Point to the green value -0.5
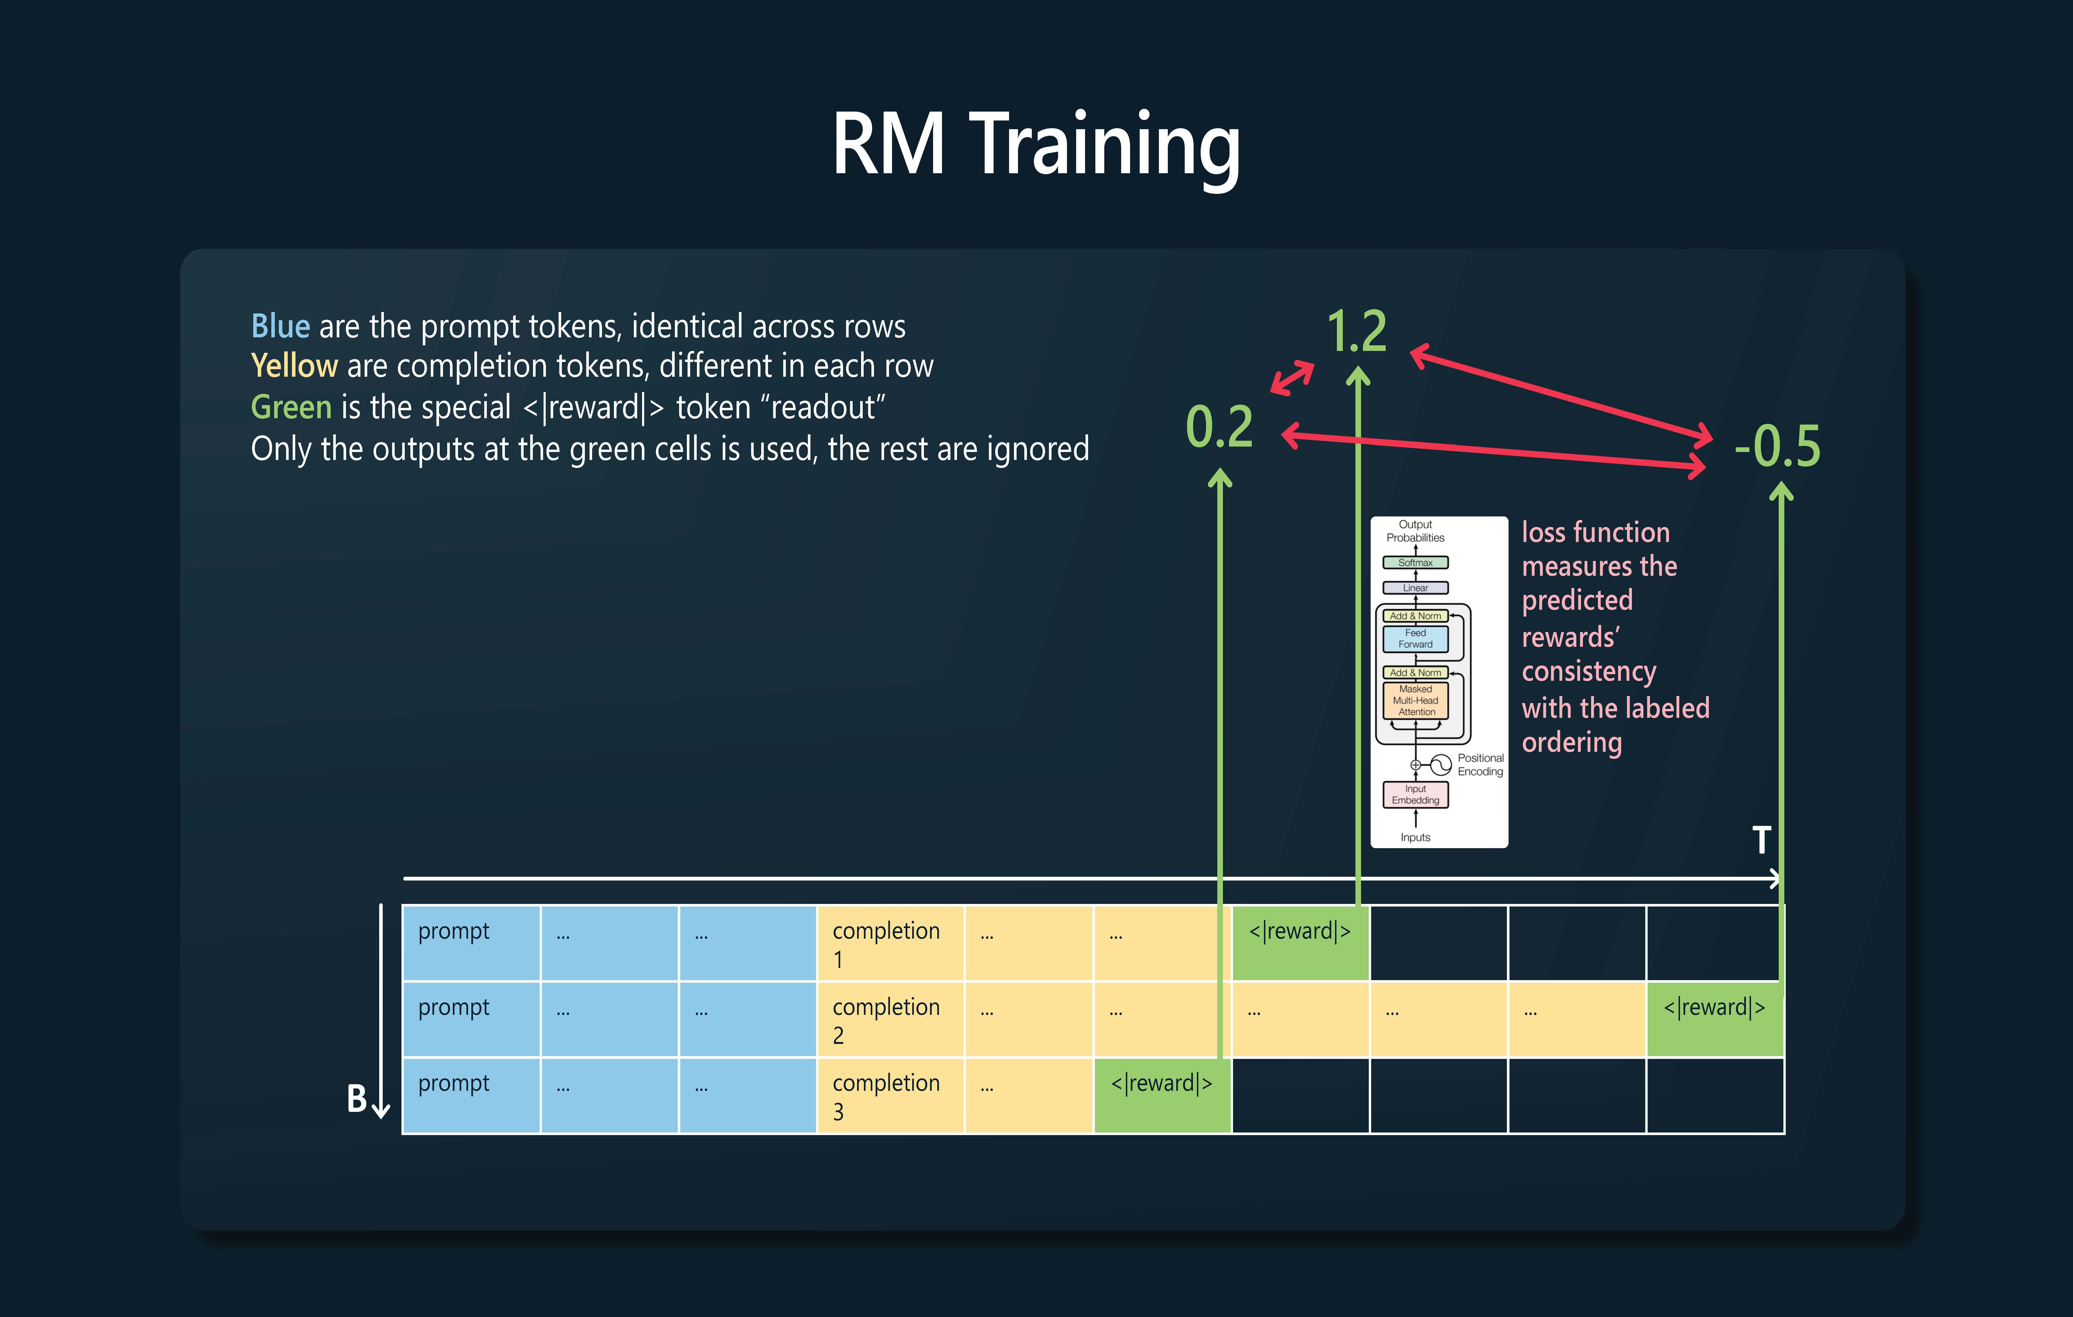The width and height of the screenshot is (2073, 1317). [1777, 446]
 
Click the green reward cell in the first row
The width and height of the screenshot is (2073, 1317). [1300, 943]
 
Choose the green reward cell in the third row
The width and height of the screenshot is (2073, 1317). [1162, 1095]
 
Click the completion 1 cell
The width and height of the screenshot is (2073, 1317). [890, 943]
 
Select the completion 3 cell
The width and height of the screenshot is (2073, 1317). [890, 1095]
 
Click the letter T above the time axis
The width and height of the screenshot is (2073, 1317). [1761, 839]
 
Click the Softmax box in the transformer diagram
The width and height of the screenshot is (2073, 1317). [1415, 562]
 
